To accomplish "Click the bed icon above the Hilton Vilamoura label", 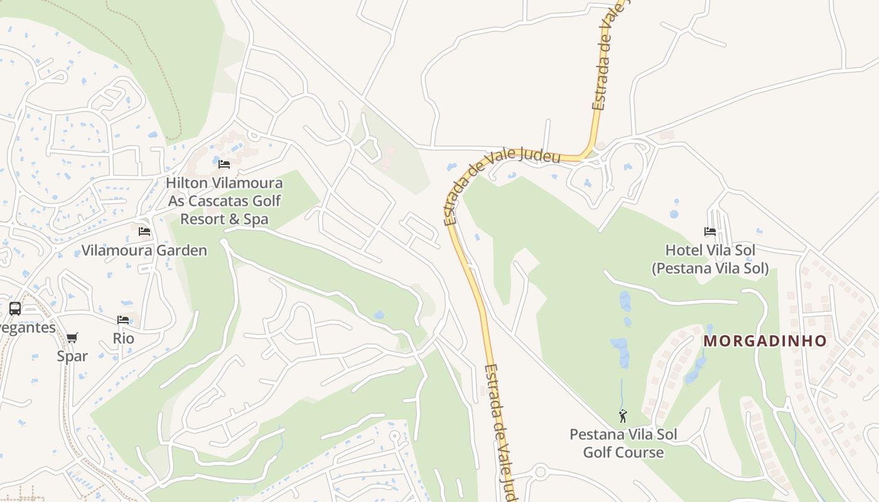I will [x=224, y=164].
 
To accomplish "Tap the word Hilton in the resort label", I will [x=187, y=183].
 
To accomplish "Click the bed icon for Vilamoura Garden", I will [x=144, y=232].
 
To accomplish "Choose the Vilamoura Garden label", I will [x=144, y=250].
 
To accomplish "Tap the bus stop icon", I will [x=15, y=309].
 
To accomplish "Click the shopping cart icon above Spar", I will [x=72, y=338].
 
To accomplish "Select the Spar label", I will [x=72, y=356].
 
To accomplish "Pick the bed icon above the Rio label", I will [x=123, y=320].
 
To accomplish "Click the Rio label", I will [x=123, y=338].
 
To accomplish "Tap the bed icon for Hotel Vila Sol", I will [x=710, y=232].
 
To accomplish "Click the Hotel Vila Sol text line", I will [x=710, y=250].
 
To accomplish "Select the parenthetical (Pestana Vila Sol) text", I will [x=710, y=269].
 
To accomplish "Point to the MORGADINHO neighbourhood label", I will [x=765, y=341].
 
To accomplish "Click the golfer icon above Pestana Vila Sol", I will [x=623, y=416].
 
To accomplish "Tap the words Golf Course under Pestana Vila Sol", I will [x=623, y=452].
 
